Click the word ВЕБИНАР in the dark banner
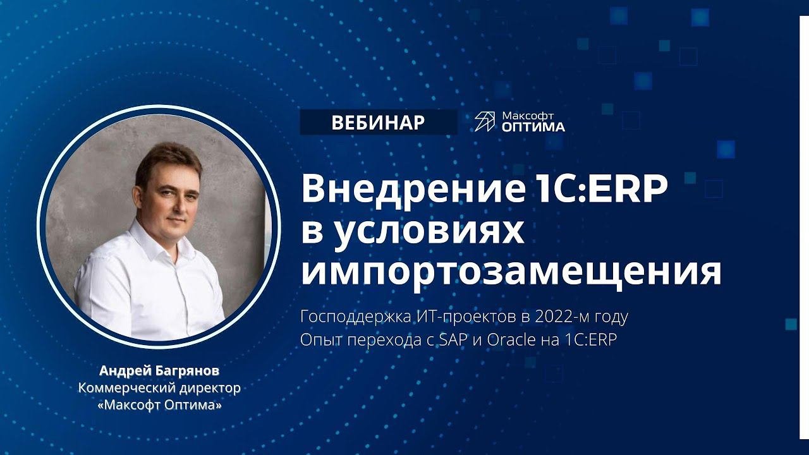point(378,123)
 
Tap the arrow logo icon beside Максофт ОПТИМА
point(485,121)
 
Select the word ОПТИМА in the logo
point(533,127)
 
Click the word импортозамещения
point(511,272)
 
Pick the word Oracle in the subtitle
point(511,340)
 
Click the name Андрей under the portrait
point(120,371)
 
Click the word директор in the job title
point(207,388)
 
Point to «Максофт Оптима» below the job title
point(159,405)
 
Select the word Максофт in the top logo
point(528,116)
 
